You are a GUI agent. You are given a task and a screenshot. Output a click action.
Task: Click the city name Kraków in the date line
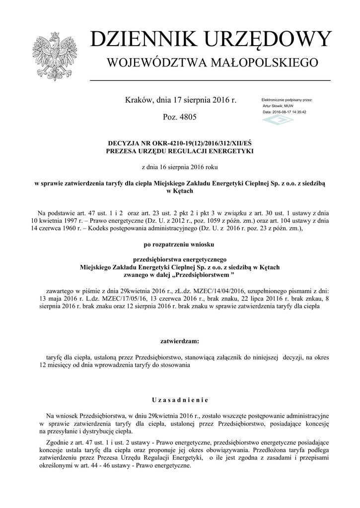pos(138,100)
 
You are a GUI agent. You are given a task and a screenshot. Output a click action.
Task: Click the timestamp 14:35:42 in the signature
pos(298,112)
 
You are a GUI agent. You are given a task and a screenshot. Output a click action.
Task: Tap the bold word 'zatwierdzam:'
pos(180,341)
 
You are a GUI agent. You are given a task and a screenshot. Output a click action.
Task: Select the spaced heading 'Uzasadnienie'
pos(180,400)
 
